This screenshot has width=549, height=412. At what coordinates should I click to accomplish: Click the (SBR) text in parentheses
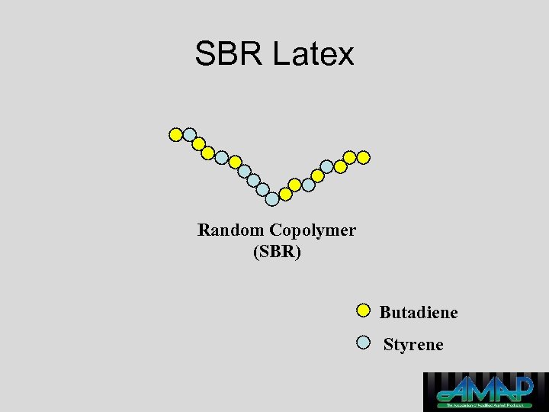pos(277,251)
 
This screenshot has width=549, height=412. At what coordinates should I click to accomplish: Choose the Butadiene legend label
pos(419,312)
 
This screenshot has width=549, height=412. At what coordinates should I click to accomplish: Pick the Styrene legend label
pos(413,344)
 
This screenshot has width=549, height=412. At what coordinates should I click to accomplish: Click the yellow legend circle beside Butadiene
pos(364,311)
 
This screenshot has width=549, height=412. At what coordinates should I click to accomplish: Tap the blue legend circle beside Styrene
pos(364,342)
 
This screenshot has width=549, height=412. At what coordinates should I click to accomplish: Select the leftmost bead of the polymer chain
pos(176,135)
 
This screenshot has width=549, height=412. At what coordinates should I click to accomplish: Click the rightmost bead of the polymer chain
pos(364,157)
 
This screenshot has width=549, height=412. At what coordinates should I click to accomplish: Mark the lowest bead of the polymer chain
pos(272,199)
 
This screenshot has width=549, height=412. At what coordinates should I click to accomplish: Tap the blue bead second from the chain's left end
pos(190,134)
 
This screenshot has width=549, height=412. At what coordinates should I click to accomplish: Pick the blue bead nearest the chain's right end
pos(326,166)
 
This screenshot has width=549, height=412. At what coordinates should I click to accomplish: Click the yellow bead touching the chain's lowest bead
pos(285,194)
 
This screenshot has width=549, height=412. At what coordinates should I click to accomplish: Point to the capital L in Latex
pos(280,54)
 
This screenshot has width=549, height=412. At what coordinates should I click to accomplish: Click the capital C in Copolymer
pos(274,230)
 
